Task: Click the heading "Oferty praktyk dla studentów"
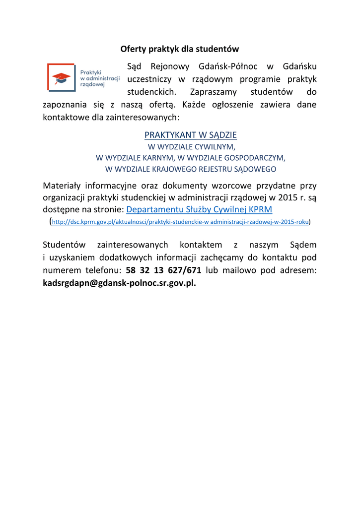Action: click(x=180, y=49)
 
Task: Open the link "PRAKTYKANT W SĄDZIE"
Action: click(x=190, y=135)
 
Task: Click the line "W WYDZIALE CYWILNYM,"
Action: click(x=191, y=147)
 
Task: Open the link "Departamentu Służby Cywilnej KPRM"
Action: click(x=199, y=209)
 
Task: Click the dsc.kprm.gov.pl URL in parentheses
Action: click(x=180, y=222)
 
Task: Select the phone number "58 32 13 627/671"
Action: click(x=163, y=271)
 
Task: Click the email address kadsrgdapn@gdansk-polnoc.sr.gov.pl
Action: click(x=119, y=283)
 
